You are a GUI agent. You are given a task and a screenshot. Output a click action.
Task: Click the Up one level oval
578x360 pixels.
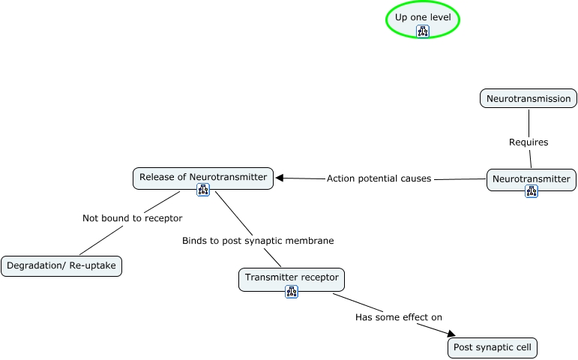422,16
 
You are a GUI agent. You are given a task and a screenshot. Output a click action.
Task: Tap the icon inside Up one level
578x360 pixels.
423,31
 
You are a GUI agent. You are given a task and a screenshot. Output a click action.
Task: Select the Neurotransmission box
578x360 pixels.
529,98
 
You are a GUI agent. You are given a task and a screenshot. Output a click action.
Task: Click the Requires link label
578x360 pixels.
529,142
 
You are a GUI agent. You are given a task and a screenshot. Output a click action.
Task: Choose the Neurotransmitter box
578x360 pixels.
532,178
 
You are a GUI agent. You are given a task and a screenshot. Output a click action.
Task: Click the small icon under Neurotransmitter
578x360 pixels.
532,191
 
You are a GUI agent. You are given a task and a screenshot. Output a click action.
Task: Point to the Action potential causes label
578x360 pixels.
379,178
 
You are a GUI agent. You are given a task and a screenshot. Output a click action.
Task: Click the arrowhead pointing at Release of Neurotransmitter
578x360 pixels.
280,178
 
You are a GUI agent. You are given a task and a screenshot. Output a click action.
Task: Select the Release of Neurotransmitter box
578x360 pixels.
203,177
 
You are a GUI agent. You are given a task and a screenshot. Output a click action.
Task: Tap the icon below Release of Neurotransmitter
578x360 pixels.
203,190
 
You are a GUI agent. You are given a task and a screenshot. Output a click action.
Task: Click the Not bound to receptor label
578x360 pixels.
132,218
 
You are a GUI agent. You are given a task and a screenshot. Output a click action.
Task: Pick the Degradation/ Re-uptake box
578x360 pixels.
61,265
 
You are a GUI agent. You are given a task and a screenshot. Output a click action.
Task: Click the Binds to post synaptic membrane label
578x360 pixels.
258,241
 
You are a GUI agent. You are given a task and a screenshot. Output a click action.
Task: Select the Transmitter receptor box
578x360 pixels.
292,277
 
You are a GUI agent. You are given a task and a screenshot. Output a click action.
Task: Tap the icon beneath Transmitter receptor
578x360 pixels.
292,291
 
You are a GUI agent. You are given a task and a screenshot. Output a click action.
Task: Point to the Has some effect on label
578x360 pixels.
398,317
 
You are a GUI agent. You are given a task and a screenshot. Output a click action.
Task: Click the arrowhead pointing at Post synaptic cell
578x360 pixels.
451,334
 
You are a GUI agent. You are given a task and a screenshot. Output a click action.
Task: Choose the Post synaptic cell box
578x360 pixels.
493,348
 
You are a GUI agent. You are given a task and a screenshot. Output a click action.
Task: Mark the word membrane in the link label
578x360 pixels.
310,241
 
